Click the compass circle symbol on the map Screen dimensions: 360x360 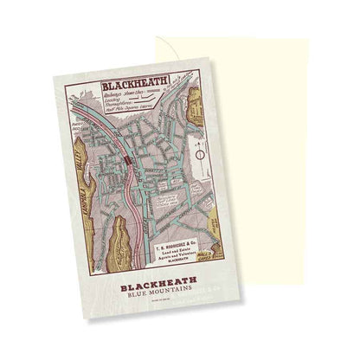point(201,153)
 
